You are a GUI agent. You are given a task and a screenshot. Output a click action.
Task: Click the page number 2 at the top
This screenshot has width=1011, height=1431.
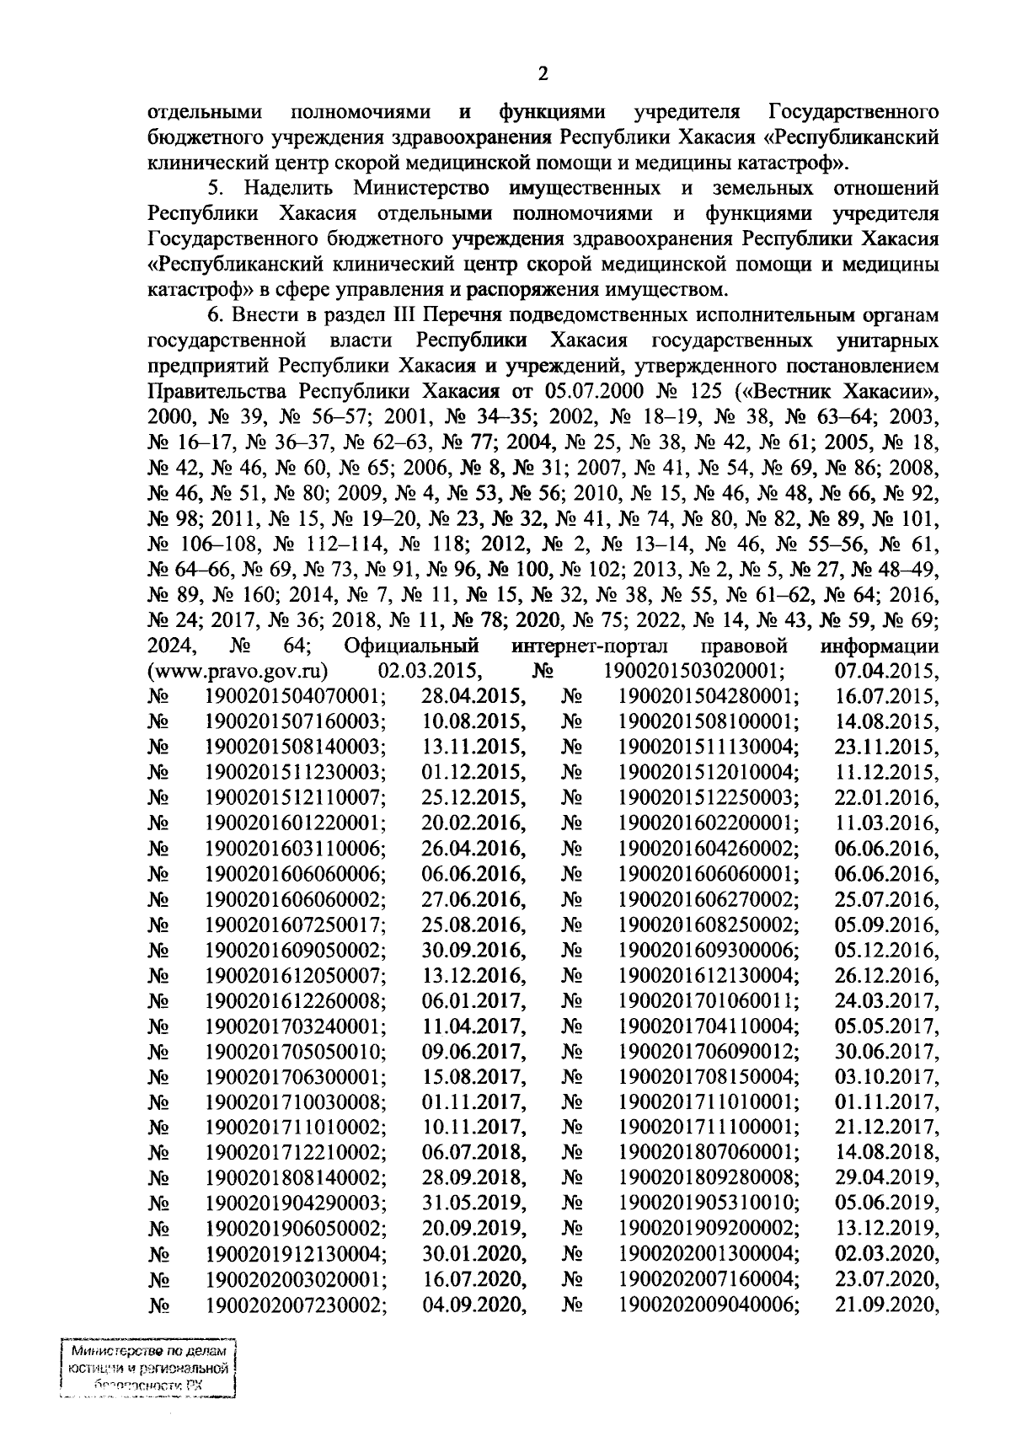click(543, 74)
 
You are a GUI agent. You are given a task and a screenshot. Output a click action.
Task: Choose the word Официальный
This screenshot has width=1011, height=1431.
click(413, 646)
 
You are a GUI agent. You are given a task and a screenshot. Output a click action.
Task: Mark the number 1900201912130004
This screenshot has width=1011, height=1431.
click(297, 1253)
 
